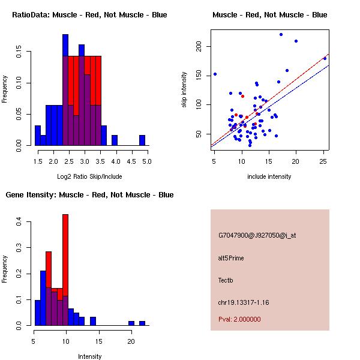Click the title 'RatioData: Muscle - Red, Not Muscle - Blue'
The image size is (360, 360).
click(89, 14)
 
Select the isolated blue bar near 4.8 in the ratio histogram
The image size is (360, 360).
click(142, 140)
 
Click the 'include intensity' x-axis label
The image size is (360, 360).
click(269, 176)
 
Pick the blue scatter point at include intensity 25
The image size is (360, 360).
click(325, 58)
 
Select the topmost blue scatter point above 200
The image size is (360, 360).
click(281, 35)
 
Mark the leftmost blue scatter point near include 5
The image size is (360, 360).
click(215, 74)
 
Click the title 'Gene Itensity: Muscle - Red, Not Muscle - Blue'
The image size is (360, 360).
click(89, 194)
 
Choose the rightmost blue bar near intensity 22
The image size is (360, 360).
click(142, 323)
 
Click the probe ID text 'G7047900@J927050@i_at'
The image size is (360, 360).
click(257, 235)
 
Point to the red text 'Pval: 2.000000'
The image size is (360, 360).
click(239, 319)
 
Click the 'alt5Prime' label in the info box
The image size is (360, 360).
click(231, 258)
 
